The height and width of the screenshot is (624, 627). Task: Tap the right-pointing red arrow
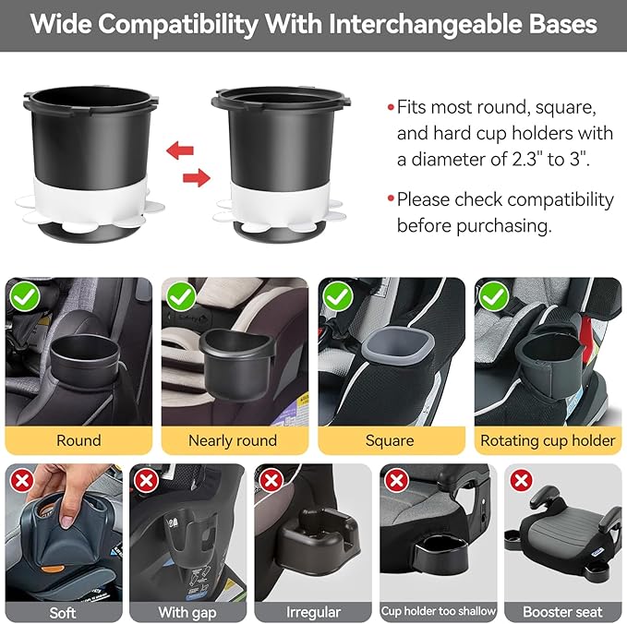click(192, 176)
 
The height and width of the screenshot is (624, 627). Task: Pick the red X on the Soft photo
click(20, 480)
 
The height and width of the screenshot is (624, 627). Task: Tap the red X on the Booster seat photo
click(522, 480)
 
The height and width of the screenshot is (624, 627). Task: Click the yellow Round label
click(78, 440)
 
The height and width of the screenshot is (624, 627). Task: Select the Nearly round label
click(233, 440)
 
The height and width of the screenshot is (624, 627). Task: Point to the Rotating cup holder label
click(548, 440)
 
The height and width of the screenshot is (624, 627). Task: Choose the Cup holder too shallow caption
click(438, 611)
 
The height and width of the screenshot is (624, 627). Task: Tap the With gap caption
click(188, 612)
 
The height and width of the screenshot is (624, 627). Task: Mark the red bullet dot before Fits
click(391, 106)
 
